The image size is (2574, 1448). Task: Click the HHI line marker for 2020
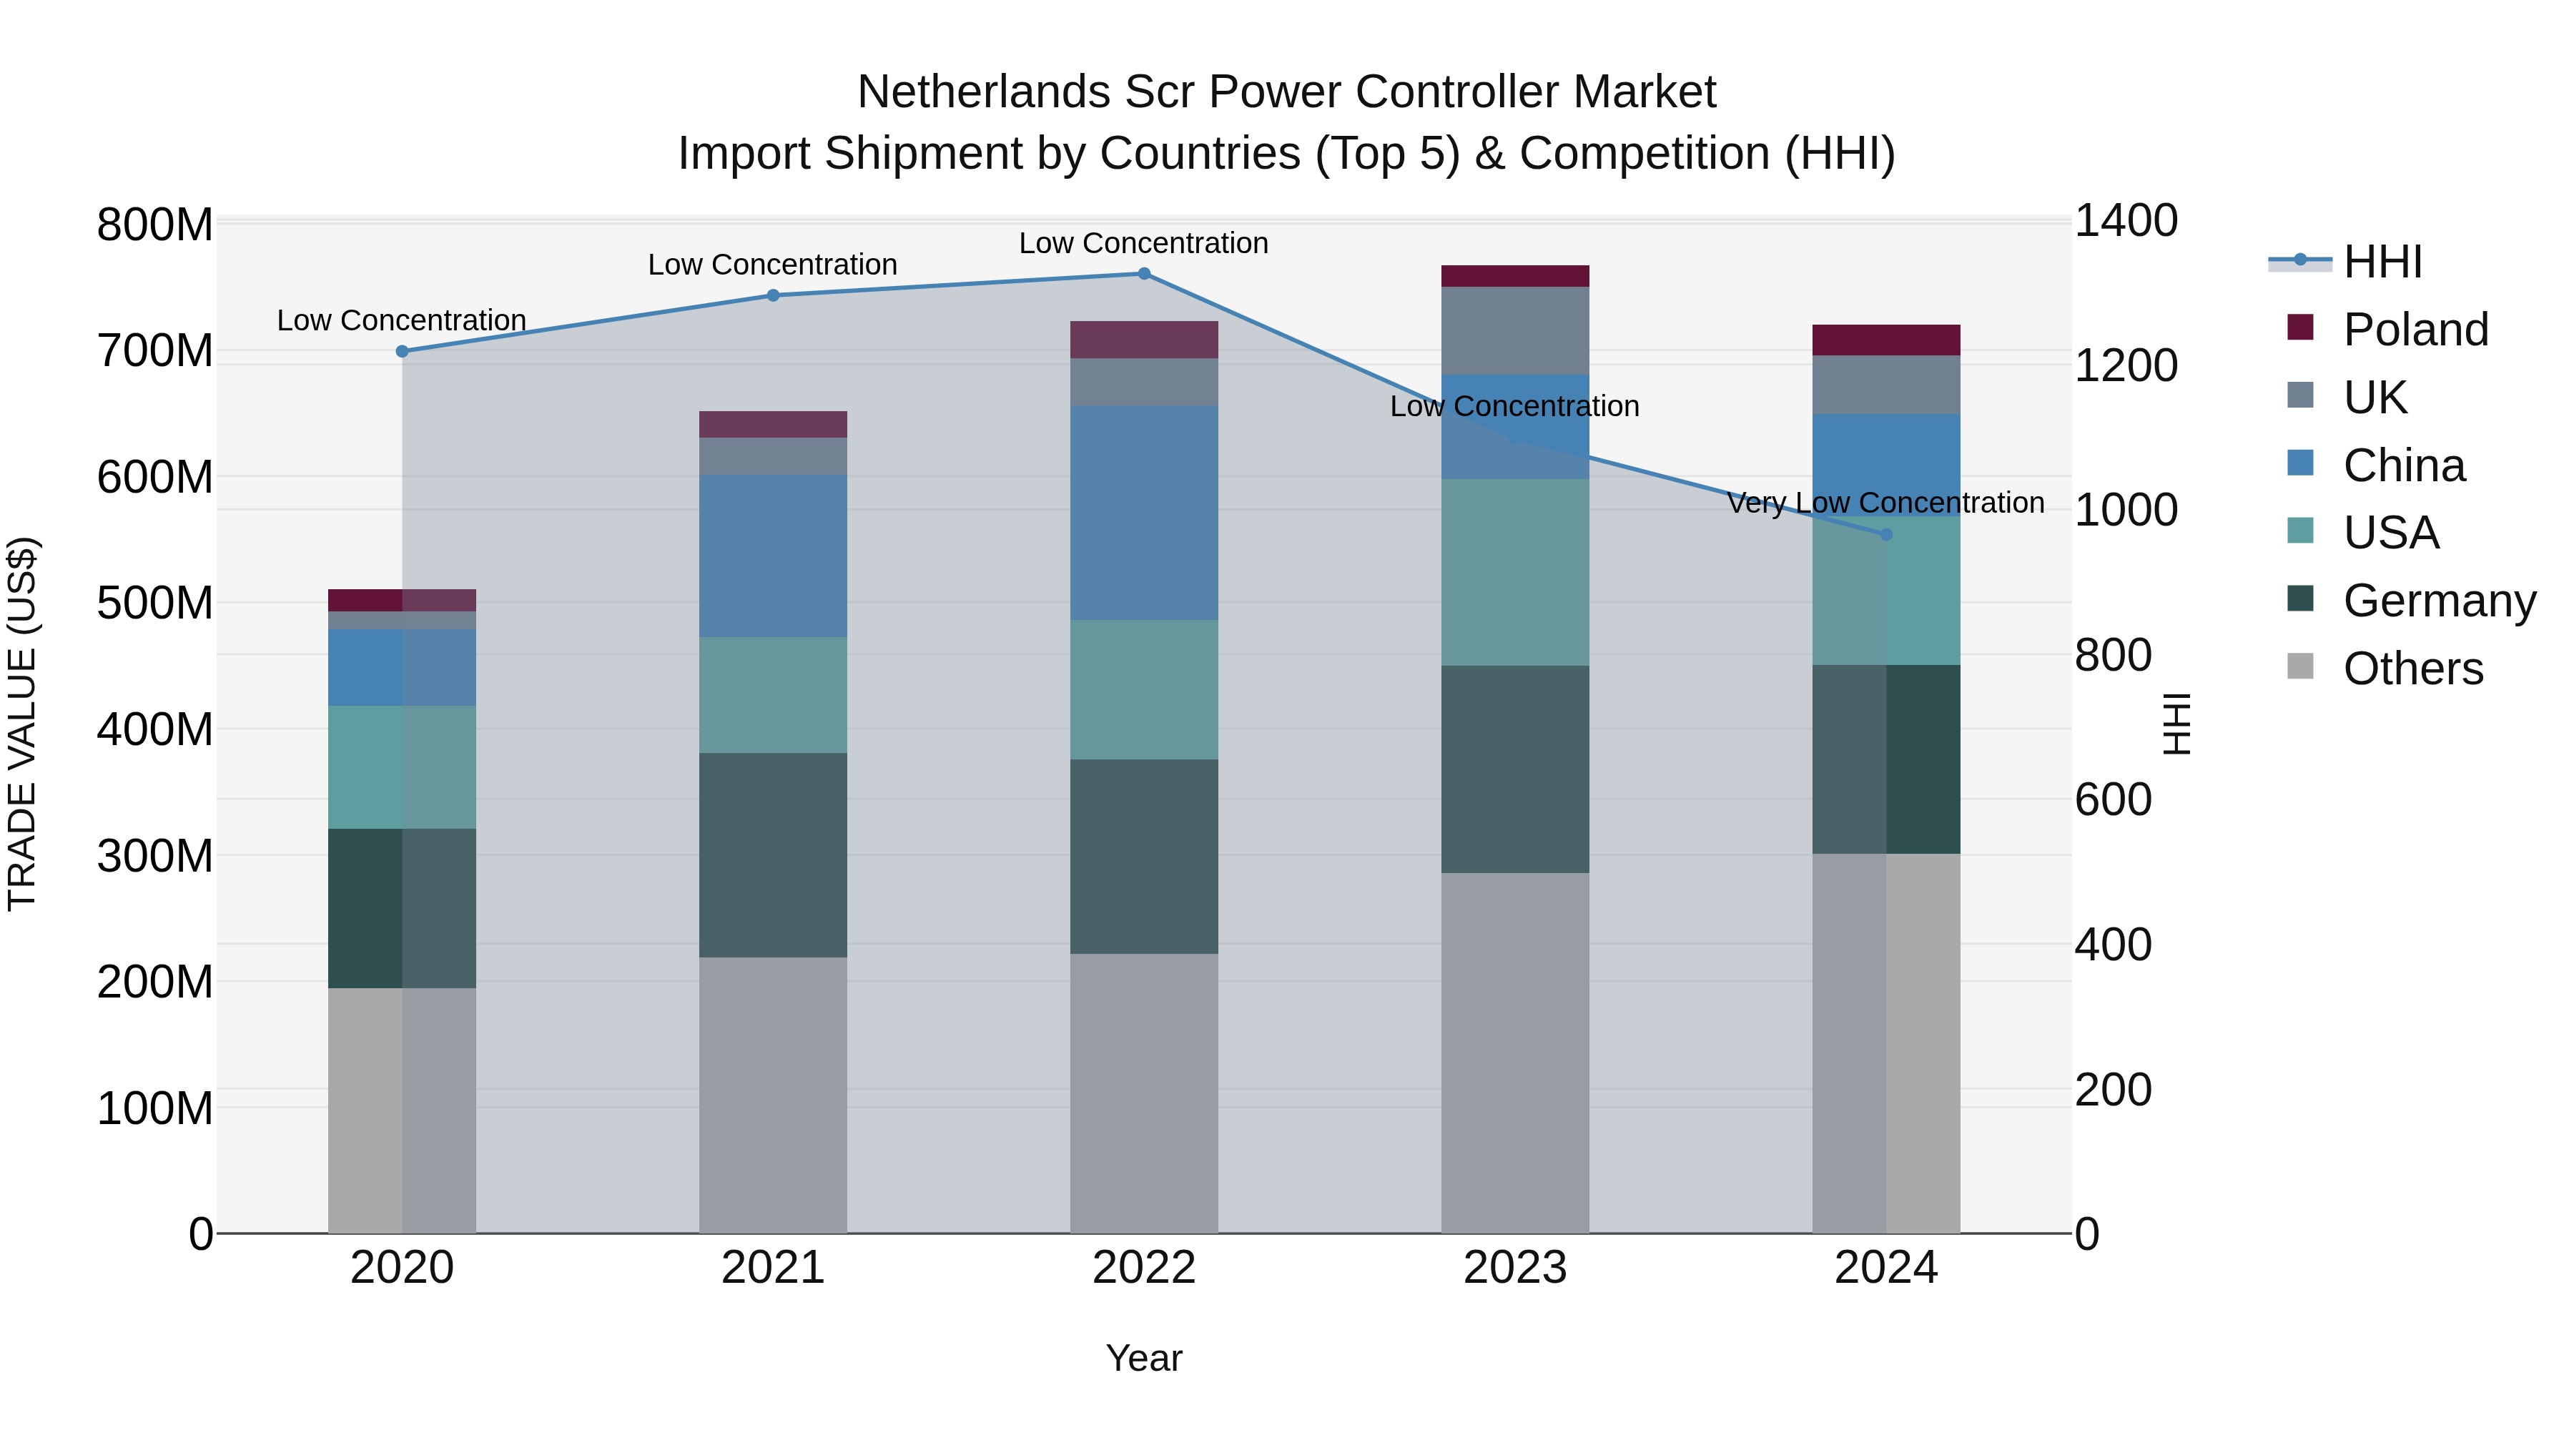pos(402,351)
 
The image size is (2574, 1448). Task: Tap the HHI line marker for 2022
pos(1144,274)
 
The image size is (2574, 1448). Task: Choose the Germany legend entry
pos(2438,601)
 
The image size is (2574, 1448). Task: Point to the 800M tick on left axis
pos(154,225)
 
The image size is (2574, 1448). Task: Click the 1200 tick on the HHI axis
pos(2126,365)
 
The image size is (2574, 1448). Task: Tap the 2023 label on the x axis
pos(1515,1268)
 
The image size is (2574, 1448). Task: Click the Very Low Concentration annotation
pos(1885,503)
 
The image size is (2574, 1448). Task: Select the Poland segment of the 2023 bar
pos(1515,276)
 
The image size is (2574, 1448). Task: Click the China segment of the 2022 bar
pos(1144,513)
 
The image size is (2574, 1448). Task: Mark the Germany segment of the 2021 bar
pos(772,854)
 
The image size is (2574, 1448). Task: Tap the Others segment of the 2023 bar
pos(1515,1053)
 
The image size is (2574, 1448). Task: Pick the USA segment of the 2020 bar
pos(402,767)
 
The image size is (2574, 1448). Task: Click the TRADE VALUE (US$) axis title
pos(22,724)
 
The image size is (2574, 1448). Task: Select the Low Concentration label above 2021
pos(772,265)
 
